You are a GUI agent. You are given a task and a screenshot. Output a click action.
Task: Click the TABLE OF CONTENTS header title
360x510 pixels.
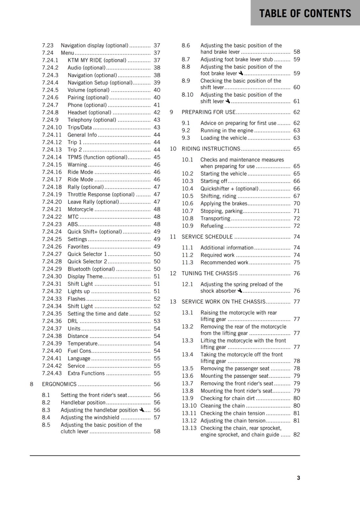point(305,13)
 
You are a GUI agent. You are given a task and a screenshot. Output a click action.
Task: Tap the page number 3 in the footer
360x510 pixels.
point(298,478)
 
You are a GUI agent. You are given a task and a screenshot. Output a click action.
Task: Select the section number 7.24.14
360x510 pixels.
point(52,157)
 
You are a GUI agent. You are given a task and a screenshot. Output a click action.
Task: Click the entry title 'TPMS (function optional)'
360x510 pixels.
point(97,157)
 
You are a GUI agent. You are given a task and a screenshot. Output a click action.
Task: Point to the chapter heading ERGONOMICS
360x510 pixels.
point(59,384)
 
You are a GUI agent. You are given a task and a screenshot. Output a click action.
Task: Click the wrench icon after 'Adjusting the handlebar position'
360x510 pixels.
point(142,410)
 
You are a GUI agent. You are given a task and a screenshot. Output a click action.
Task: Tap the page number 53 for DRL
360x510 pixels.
point(157,321)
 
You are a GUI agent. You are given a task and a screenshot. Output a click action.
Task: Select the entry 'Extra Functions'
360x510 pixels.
point(86,373)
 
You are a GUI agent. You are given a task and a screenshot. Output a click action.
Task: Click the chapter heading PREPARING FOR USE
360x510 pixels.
point(208,112)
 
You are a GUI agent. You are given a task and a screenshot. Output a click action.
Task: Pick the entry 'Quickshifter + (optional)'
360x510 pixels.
point(229,189)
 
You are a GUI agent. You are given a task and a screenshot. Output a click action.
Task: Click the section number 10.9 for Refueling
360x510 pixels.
point(188,226)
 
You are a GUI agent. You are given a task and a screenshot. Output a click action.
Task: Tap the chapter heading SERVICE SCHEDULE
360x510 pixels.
point(207,237)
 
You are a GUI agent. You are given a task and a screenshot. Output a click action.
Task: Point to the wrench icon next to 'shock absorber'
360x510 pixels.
point(240,291)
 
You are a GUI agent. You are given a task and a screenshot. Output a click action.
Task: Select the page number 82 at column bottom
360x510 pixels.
point(297,434)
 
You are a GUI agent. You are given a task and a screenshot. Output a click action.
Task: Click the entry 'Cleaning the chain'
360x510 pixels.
point(223,406)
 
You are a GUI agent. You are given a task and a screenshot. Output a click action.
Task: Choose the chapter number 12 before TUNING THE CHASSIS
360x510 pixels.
point(173,273)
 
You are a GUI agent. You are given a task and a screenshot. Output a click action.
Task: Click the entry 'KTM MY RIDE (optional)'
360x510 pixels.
point(97,60)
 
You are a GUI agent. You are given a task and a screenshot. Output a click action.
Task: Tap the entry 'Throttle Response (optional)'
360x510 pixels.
point(101,194)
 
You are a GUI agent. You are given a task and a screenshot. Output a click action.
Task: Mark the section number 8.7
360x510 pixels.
point(186,59)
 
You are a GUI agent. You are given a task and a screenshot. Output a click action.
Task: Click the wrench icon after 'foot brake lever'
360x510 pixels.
point(241,73)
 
